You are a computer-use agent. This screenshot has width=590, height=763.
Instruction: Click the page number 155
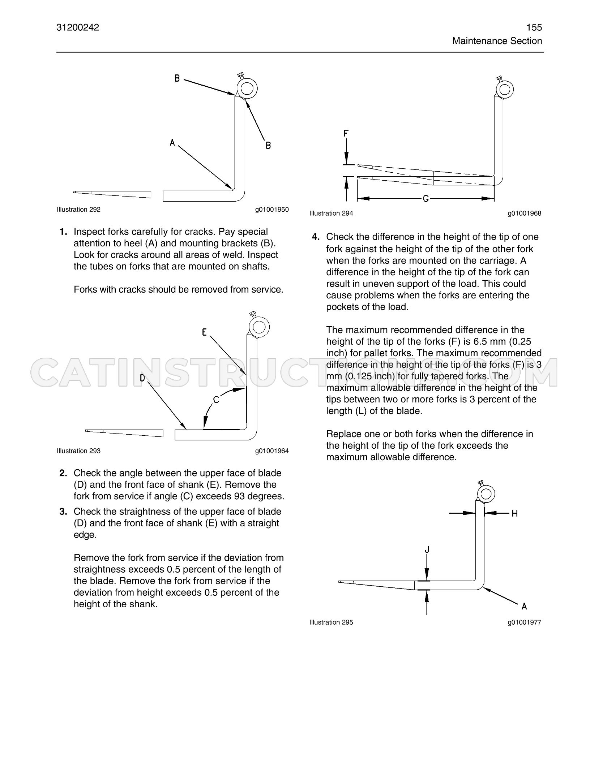pos(534,27)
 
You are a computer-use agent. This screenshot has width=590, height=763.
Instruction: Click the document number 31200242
pos(78,27)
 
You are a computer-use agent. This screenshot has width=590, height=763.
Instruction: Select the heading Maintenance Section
pos(497,41)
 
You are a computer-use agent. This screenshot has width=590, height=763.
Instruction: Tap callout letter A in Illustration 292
pos(172,143)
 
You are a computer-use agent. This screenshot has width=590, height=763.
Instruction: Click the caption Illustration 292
pos(78,210)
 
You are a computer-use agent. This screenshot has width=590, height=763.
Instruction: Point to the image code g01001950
pos(272,210)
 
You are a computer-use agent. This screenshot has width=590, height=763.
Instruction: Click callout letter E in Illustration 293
pos(204,332)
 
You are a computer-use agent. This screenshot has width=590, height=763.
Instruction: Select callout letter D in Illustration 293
pos(142,378)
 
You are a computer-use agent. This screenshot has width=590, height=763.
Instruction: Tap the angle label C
pos(216,400)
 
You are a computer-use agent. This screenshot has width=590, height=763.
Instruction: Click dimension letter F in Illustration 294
pos(346,134)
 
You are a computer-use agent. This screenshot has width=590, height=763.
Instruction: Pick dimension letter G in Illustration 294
pos(426,198)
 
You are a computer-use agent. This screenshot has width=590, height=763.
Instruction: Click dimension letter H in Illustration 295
pos(515,513)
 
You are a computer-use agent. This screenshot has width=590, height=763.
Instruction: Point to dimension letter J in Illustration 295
pos(427,549)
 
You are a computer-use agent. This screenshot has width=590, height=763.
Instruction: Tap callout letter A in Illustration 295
pos(524,606)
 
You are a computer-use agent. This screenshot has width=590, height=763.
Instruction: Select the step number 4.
pos(316,237)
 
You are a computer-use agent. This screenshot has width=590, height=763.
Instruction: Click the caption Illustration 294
pos(331,214)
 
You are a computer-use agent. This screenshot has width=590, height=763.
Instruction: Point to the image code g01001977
pos(525,622)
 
